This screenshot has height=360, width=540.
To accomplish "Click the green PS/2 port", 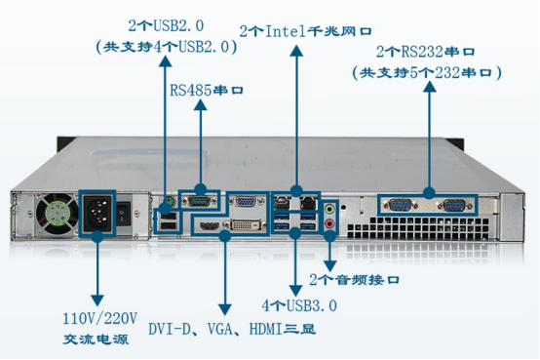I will coord(166,204).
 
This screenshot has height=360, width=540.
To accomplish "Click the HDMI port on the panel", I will coord(208,226).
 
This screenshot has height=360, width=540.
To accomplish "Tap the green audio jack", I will coord(331,208).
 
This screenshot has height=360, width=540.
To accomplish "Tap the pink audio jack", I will coord(331,223).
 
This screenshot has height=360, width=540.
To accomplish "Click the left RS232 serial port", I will coord(400,206).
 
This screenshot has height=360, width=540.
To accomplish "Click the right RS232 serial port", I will coord(452,206).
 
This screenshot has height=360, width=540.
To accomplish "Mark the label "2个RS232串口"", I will coord(431,51).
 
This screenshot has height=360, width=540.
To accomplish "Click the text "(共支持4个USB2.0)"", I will coord(163,45).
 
